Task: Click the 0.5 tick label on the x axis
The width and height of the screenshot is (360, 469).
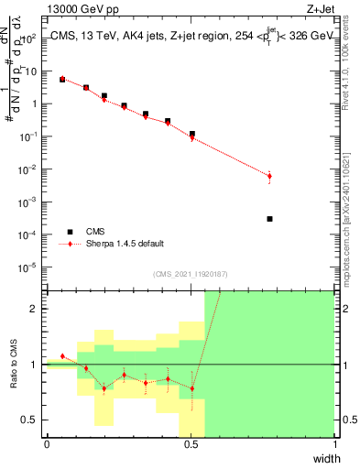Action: tap(191, 445)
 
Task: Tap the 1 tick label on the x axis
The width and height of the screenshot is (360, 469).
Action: tap(335, 445)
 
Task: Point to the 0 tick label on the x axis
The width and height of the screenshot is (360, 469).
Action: tap(47, 445)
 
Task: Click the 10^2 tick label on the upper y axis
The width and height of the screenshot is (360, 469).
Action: tap(29, 38)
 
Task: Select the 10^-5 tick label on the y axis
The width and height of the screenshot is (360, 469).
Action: tap(29, 267)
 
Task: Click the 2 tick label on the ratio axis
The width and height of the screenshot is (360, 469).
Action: tap(35, 309)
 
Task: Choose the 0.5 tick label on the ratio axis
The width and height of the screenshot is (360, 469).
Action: tap(31, 420)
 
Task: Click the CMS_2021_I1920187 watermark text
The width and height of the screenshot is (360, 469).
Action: tap(191, 274)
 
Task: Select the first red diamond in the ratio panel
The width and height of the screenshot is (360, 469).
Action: tap(62, 356)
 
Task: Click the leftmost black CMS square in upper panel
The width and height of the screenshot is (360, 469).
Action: tap(62, 80)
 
